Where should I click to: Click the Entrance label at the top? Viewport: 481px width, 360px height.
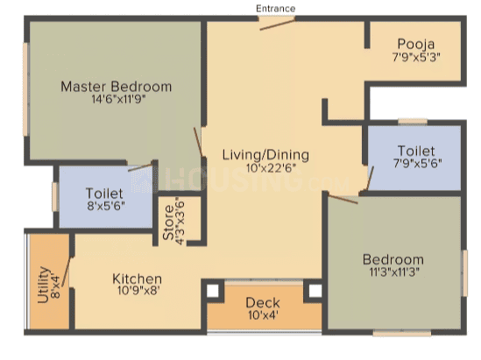[275, 9]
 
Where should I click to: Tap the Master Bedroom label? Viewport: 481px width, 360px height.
[116, 87]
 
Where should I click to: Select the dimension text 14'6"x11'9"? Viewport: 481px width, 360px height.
[118, 99]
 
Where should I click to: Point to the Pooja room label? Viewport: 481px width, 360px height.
[416, 45]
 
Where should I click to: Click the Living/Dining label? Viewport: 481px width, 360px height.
[265, 155]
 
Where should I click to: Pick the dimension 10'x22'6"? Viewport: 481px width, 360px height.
[271, 168]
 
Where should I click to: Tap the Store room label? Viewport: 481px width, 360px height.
[169, 222]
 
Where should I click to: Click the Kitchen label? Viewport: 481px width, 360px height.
[138, 279]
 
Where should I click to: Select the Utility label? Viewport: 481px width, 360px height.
[43, 285]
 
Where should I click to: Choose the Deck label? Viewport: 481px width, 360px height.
[263, 303]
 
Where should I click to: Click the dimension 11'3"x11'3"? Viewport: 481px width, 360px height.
[394, 272]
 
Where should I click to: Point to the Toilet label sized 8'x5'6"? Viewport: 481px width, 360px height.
[104, 194]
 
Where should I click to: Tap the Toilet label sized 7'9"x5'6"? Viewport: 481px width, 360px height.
[416, 151]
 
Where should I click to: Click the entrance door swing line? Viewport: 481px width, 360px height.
[278, 25]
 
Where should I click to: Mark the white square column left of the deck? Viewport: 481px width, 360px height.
[213, 291]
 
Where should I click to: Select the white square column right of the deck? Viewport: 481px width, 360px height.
[315, 291]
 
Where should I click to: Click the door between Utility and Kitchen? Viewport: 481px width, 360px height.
[66, 272]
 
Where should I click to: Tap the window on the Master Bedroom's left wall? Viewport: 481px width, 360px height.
[25, 89]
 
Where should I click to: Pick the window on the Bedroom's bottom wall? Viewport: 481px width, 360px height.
[402, 333]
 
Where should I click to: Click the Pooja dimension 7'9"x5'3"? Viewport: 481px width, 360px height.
[416, 57]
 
